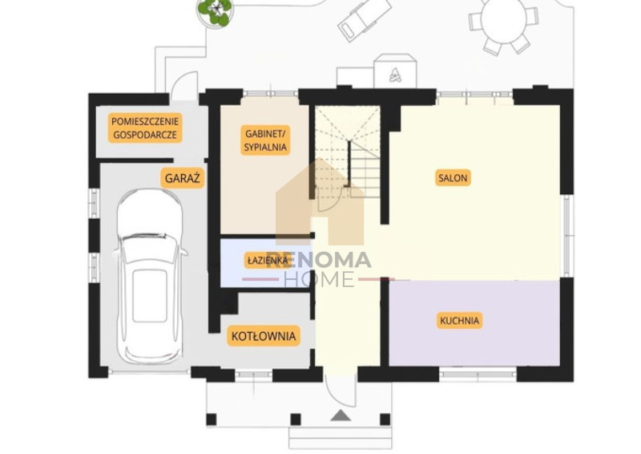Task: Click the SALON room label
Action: point(453,178)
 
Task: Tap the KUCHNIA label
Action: point(459,321)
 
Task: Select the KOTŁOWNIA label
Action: point(264,336)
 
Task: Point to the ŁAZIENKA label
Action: point(265,261)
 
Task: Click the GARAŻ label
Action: point(183,178)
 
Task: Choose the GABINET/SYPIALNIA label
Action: point(265,140)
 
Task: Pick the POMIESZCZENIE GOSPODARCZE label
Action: point(145,128)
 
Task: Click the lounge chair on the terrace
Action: point(364,18)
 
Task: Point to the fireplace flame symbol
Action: point(394,75)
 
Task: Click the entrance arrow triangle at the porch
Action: point(341,415)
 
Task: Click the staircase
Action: point(348,152)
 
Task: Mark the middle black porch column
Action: point(296,420)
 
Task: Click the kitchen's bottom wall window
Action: point(478,374)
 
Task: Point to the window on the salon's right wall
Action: point(566,235)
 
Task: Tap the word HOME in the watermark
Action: point(319,279)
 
